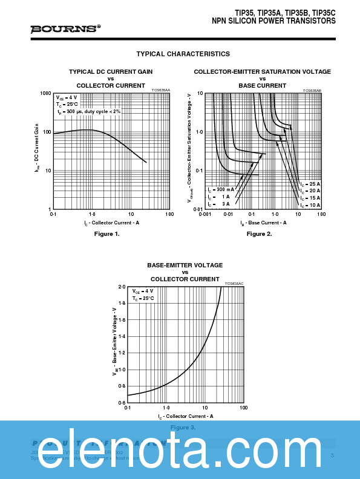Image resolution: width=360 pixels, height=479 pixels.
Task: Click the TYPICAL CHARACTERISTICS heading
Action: point(183,54)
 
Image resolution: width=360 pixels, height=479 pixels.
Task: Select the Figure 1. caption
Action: point(111,233)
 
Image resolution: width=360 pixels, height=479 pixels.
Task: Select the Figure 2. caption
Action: point(259,233)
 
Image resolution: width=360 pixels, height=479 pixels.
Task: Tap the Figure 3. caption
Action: point(182,428)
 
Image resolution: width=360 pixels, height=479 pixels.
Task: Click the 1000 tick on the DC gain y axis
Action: point(45,94)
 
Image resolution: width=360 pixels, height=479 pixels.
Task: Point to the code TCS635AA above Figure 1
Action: point(160,90)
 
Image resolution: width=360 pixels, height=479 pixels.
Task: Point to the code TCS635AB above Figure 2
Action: point(312,90)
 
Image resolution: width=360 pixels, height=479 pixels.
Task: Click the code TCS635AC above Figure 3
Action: point(234,283)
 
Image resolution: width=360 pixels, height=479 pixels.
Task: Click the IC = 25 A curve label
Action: point(310,184)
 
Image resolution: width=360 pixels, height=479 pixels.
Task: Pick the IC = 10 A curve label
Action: point(310,204)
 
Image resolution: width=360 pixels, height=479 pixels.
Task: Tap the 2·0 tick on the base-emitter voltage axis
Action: point(122,287)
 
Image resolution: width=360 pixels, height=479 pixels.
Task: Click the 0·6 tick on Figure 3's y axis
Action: point(122,402)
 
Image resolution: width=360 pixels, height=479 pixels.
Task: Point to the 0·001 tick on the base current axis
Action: point(205,214)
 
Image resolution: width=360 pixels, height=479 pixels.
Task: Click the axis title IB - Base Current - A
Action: point(263,223)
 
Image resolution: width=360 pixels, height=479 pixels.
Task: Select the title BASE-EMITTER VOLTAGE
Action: point(185,265)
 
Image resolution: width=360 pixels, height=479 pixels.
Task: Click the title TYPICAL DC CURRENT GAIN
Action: point(111,71)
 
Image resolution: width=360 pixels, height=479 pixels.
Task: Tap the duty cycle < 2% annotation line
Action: point(90,112)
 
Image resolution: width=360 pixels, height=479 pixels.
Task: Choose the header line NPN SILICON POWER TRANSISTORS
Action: point(273,21)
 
